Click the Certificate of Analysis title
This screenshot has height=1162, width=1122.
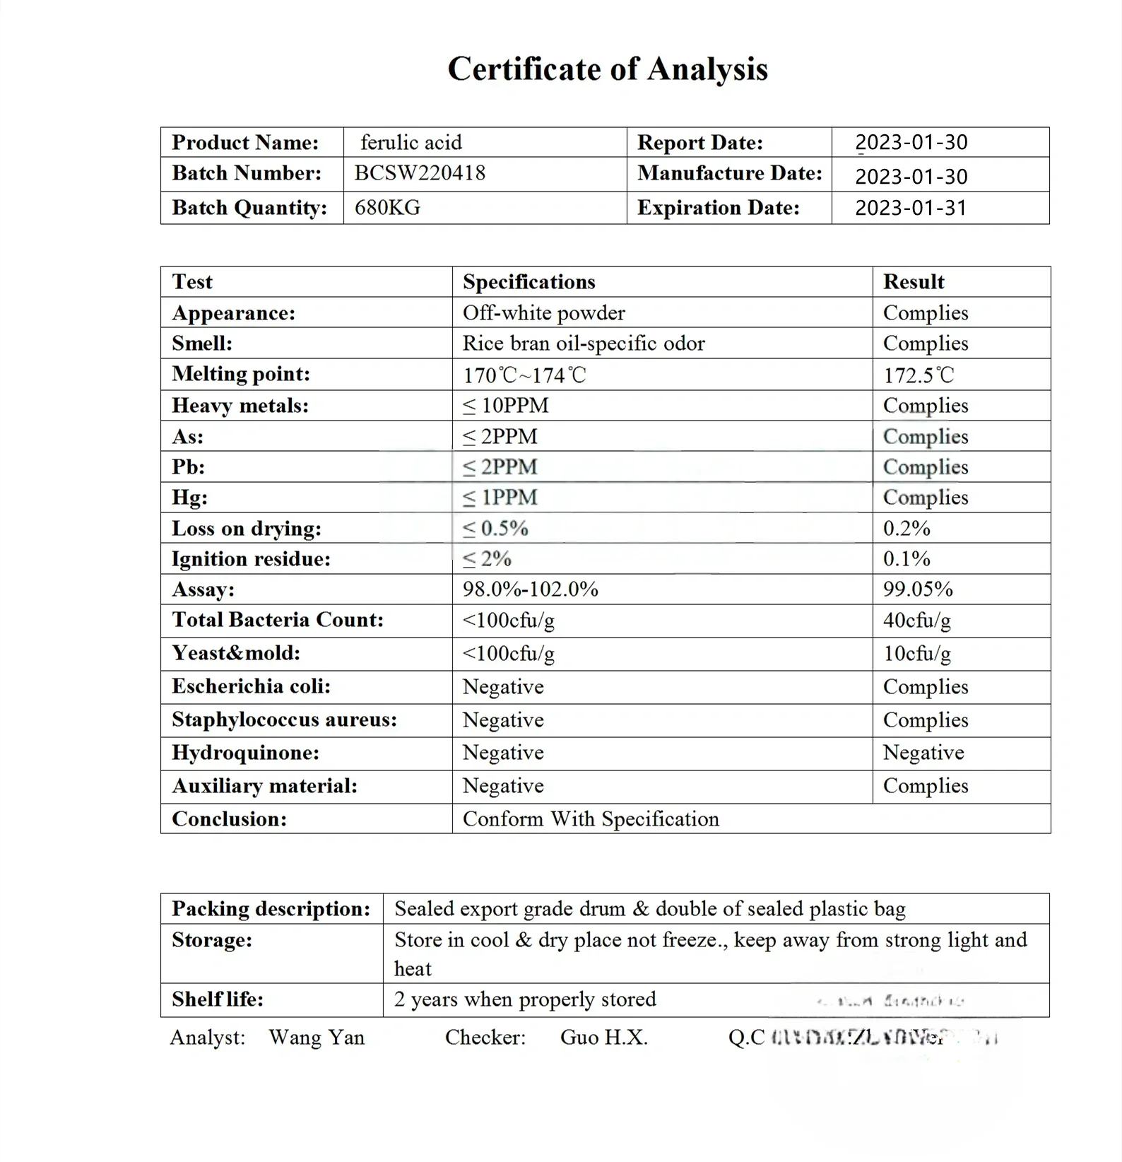click(x=608, y=69)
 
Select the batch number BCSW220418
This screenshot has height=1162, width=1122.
click(x=420, y=173)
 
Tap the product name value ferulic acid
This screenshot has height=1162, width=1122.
click(x=411, y=142)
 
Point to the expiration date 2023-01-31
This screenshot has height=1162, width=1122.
click(x=910, y=208)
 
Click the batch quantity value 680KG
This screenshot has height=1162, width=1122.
click(x=387, y=208)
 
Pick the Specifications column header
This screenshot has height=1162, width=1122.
click(x=528, y=282)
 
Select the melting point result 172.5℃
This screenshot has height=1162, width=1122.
click(x=919, y=375)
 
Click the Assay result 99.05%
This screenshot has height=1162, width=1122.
click(x=918, y=589)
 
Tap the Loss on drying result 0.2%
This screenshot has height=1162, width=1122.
click(x=907, y=528)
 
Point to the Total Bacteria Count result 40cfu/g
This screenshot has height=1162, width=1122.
click(x=916, y=620)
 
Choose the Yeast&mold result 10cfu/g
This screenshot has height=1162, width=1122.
click(x=916, y=653)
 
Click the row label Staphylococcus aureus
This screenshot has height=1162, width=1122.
click(x=284, y=720)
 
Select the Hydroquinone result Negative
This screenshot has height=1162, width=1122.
click(x=923, y=753)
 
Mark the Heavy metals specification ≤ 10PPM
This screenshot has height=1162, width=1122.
click(x=505, y=406)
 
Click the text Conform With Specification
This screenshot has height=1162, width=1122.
click(x=591, y=818)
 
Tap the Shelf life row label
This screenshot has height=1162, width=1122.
click(x=217, y=999)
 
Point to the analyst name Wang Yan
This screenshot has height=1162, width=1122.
click(x=317, y=1037)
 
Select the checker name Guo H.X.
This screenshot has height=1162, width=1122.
click(x=603, y=1037)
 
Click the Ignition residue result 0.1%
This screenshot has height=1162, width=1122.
click(x=907, y=558)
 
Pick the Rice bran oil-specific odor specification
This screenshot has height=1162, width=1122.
click(x=584, y=344)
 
